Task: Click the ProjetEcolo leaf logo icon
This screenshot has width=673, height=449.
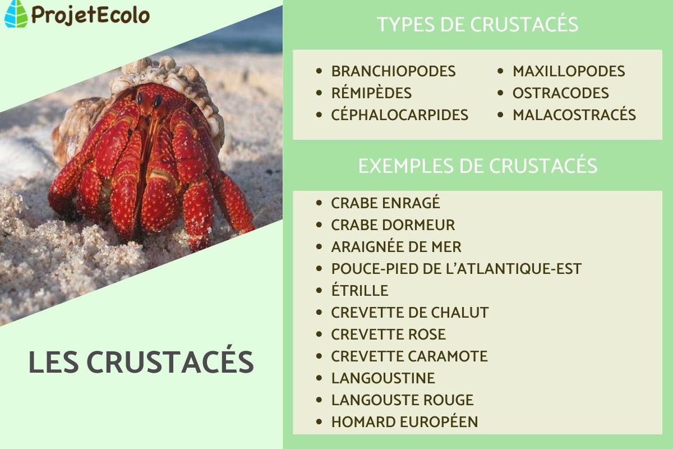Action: click(16, 14)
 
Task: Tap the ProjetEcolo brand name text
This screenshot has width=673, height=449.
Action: click(90, 15)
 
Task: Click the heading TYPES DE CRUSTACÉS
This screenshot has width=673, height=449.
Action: click(477, 25)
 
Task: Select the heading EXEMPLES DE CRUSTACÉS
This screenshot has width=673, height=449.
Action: click(477, 166)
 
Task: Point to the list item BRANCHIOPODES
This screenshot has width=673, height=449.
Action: click(393, 71)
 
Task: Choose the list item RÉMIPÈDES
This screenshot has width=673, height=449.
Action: click(371, 93)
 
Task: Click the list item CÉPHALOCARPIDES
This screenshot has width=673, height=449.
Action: click(399, 115)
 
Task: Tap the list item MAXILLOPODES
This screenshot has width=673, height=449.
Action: click(569, 71)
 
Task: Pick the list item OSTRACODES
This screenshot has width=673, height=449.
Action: click(560, 93)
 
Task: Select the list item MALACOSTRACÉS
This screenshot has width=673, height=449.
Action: click(574, 115)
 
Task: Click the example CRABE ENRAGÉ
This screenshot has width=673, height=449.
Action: click(386, 203)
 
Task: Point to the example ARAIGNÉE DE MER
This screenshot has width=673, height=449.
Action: click(396, 247)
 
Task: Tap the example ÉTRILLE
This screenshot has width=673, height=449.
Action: click(359, 291)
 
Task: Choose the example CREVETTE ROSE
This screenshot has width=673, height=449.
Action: click(388, 335)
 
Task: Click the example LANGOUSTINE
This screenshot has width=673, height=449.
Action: click(383, 378)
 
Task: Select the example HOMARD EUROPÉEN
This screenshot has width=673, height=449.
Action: click(404, 422)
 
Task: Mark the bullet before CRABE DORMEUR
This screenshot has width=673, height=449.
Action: click(319, 226)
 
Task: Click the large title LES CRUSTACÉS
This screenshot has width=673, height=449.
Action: click(141, 363)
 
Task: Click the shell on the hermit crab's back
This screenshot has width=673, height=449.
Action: click(163, 73)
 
